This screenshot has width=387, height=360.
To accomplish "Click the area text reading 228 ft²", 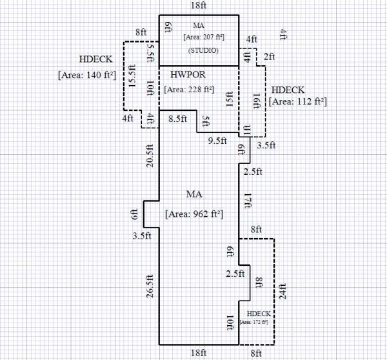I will (190, 89).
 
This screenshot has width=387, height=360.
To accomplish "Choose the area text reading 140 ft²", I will (86, 75).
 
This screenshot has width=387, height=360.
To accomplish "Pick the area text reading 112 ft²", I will (298, 101).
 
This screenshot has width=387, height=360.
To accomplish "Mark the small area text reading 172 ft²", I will (254, 321).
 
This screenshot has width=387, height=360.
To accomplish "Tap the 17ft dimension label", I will (248, 200).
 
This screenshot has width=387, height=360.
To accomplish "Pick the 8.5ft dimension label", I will (177, 119).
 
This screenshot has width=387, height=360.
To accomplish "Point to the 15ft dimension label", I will (230, 102).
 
